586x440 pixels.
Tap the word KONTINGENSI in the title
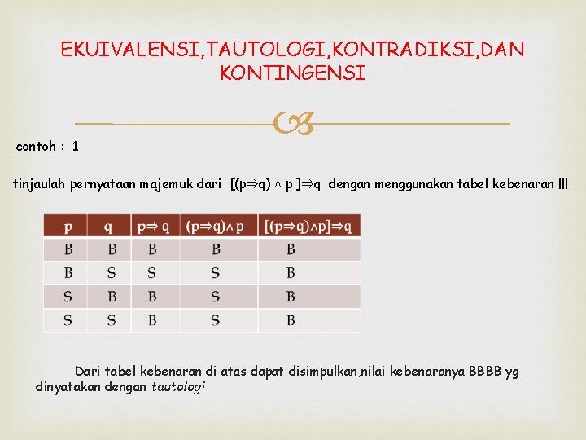click(293, 73)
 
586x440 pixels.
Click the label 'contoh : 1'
click(47, 147)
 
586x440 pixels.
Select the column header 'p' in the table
click(68, 226)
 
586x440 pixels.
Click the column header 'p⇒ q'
click(154, 226)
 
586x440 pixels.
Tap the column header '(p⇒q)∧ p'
click(215, 226)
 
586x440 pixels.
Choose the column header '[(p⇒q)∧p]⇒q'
click(308, 226)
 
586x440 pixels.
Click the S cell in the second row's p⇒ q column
click(152, 273)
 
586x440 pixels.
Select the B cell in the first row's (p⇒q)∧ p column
click(216, 249)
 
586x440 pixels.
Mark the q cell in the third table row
click(112, 297)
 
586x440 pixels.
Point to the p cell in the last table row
click(68, 320)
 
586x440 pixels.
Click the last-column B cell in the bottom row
click(291, 320)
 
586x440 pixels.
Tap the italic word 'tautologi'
click(178, 386)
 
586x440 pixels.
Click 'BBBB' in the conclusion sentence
click(484, 372)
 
